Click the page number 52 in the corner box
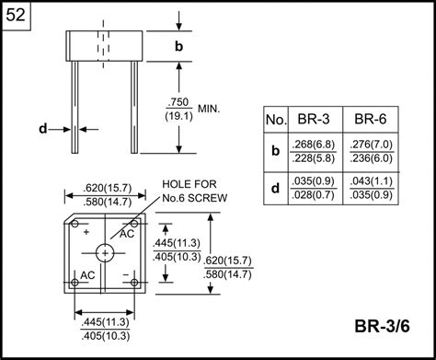click(x=16, y=15)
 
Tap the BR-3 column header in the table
click(x=314, y=119)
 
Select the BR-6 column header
click(x=371, y=119)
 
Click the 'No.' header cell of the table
click(x=276, y=120)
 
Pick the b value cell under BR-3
click(x=314, y=152)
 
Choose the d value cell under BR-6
click(x=372, y=188)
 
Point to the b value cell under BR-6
click(x=372, y=152)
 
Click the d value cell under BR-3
click(x=314, y=188)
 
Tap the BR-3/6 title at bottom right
click(x=382, y=326)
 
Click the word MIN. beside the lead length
click(x=209, y=109)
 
